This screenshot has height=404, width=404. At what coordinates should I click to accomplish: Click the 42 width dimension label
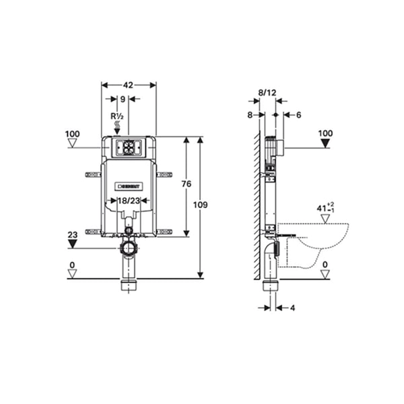coord(128,85)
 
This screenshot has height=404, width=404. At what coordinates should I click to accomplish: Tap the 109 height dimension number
coord(200,205)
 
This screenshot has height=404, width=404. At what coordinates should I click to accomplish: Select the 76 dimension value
coord(187,184)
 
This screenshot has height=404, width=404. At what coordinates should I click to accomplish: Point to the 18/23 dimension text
coord(129,201)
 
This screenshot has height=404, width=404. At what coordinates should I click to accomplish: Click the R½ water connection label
coord(117,116)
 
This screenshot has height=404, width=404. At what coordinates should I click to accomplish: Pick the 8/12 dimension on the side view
coord(267,92)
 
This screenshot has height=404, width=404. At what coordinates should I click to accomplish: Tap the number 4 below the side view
coord(292,308)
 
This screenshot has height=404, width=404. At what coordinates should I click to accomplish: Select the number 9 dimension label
coord(123,99)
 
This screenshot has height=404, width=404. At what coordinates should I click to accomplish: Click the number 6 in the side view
coord(298,115)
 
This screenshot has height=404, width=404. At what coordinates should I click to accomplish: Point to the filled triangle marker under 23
coord(73,244)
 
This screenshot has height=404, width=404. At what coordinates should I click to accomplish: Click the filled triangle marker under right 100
coord(325,143)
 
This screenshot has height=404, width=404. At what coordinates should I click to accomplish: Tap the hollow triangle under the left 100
coord(73,143)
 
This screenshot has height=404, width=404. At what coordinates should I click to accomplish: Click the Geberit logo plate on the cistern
coord(129,187)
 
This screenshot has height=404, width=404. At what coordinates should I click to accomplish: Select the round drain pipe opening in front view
coord(129,248)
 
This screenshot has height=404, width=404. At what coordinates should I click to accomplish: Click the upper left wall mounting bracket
coord(94,174)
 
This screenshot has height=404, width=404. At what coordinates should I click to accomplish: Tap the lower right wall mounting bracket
coord(164,232)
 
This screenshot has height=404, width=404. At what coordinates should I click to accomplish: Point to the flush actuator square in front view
coord(129,148)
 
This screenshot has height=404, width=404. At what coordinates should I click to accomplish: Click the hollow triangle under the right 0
coord(325,274)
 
